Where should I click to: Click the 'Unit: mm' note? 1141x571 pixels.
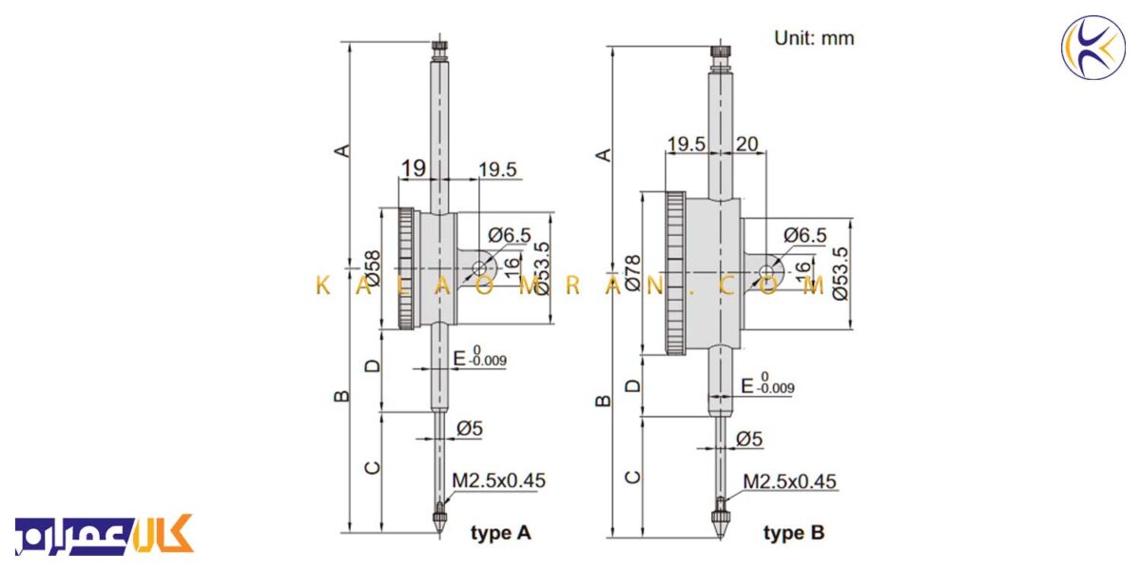[814, 38]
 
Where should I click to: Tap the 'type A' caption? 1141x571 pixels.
[501, 533]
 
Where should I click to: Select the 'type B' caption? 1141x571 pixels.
[794, 533]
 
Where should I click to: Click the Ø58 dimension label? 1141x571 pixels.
[373, 268]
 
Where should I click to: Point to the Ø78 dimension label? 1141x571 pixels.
[632, 273]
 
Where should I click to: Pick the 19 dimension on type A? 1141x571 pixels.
[413, 168]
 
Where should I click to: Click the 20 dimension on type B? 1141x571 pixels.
[746, 145]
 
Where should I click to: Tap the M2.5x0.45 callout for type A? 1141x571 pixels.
[498, 481]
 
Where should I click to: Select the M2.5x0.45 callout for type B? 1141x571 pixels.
[789, 482]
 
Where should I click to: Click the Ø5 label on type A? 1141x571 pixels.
[470, 428]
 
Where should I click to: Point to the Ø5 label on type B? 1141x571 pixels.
[749, 439]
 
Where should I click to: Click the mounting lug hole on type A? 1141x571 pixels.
[479, 267]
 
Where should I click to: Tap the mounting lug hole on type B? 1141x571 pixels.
[765, 272]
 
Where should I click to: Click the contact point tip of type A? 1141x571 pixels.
[439, 533]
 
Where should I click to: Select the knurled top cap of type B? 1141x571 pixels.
[721, 52]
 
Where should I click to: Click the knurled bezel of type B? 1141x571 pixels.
[675, 273]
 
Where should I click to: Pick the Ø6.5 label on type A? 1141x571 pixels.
[510, 235]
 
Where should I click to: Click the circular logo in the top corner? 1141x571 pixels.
[1093, 48]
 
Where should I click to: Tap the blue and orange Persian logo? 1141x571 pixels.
[104, 535]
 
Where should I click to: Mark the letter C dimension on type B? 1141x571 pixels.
[632, 477]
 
